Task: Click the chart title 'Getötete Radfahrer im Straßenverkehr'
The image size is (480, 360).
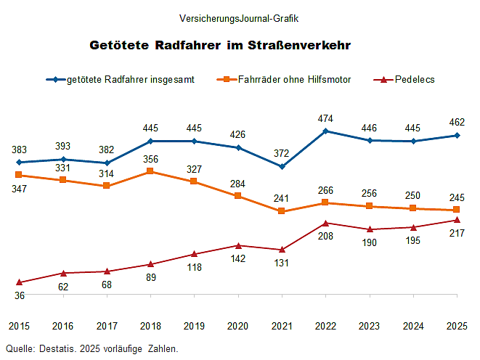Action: [220, 46]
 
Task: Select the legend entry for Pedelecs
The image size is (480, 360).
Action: [414, 80]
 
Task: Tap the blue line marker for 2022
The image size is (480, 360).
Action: [325, 131]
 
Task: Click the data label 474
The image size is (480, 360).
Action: [325, 118]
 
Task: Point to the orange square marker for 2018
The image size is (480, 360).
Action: [150, 171]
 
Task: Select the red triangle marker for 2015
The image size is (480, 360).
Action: [19, 282]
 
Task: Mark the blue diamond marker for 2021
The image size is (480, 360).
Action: [282, 167]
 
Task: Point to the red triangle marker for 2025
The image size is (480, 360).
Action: [457, 220]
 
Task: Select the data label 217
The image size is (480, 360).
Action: [457, 233]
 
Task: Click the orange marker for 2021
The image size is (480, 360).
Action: [282, 211]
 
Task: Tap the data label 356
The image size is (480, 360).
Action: [150, 159]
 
